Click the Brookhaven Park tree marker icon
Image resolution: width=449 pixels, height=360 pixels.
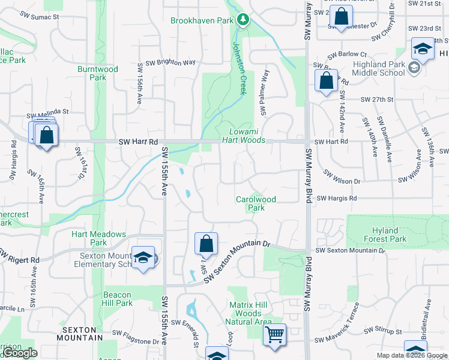[x=243, y=20]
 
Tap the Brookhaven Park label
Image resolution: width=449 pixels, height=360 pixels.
[x=201, y=20]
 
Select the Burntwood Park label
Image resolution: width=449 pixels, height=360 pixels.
[x=97, y=73]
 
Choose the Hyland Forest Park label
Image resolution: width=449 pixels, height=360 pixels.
[x=385, y=235]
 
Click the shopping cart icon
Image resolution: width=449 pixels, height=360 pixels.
[x=275, y=335]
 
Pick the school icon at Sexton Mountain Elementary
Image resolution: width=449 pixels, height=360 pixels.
[x=143, y=258]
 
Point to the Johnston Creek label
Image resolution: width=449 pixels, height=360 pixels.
[x=240, y=67]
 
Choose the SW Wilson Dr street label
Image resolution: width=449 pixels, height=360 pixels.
[x=342, y=177]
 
